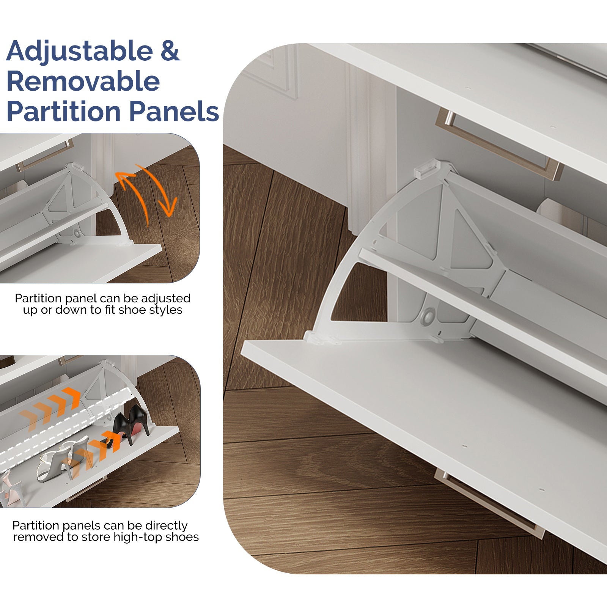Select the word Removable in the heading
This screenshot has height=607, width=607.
pos(83,81)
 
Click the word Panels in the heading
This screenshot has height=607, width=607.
pos(174,111)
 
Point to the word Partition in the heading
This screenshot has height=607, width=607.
pos(64,111)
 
